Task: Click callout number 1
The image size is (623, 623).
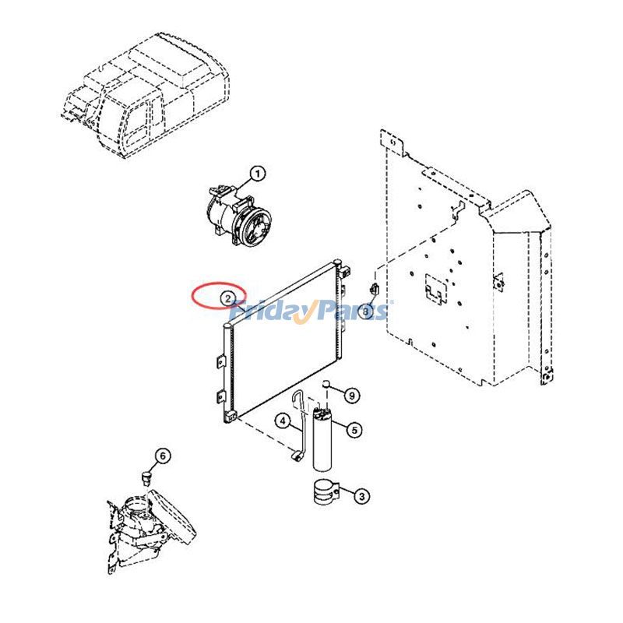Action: tap(258, 174)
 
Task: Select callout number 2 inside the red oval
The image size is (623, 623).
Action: tap(227, 298)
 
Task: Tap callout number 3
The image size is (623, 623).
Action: tap(361, 496)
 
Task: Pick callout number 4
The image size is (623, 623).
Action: tap(283, 421)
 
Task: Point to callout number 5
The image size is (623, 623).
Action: tap(354, 430)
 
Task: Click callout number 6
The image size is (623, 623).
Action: tap(163, 456)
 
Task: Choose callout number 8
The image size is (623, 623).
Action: tap(365, 312)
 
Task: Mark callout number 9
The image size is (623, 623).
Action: tap(352, 396)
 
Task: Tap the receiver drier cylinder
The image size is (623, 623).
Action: tap(322, 439)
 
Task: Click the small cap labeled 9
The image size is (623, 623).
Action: tap(326, 384)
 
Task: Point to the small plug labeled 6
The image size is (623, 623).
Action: tap(147, 477)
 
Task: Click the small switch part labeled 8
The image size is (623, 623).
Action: tap(375, 289)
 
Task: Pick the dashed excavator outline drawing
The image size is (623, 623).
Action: tap(146, 95)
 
